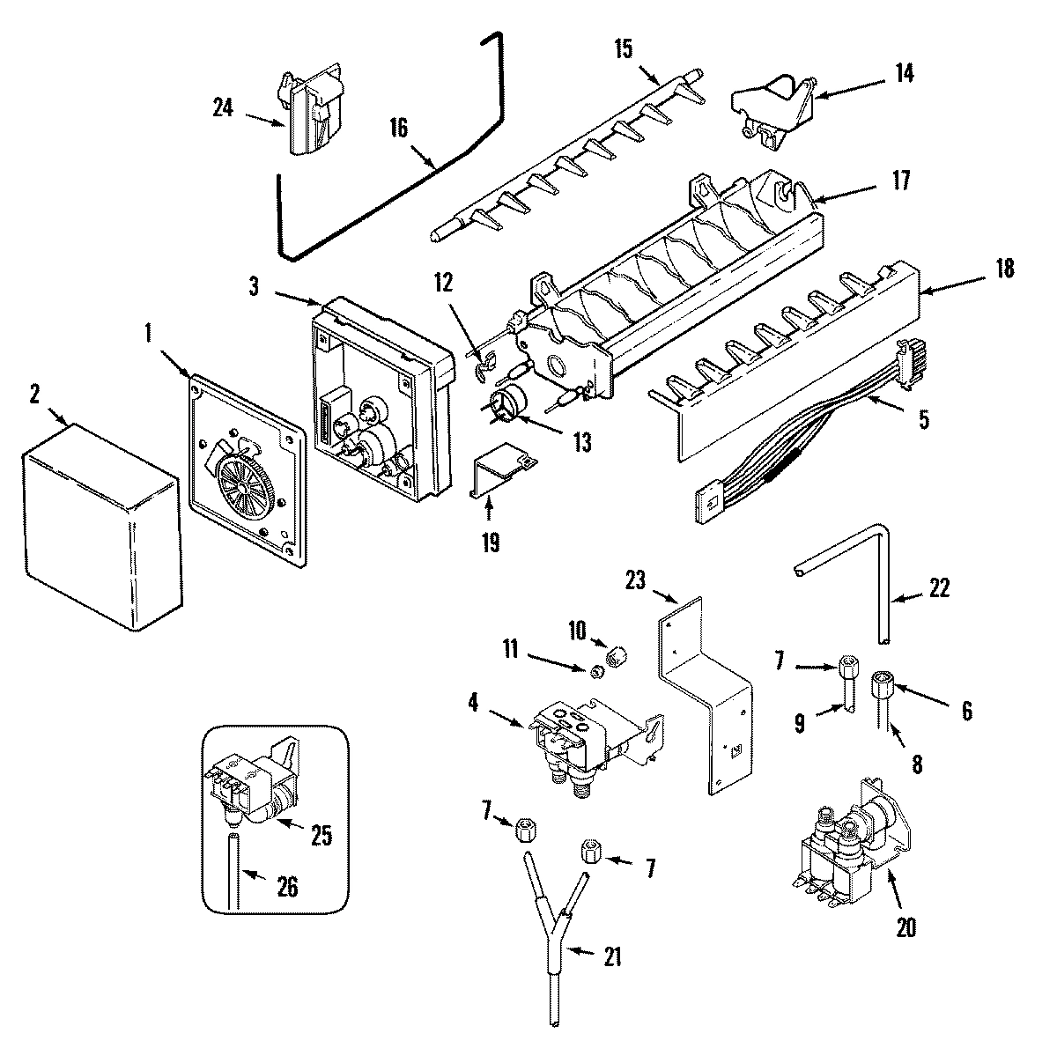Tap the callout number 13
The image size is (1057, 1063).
pyautogui.click(x=581, y=443)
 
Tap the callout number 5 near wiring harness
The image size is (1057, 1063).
pyautogui.click(x=923, y=419)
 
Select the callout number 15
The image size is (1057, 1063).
pyautogui.click(x=623, y=48)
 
